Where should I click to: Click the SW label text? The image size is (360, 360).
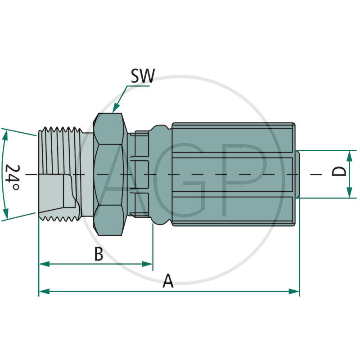(142, 76)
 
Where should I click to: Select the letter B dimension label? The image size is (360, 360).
(99, 254)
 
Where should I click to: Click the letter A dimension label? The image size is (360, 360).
(168, 282)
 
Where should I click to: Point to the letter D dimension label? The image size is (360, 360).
(342, 172)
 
